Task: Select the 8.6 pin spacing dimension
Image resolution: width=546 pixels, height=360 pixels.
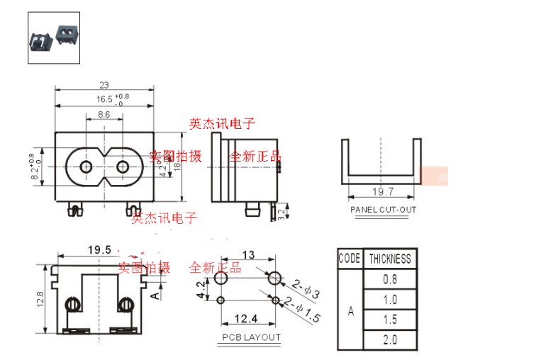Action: tap(104, 113)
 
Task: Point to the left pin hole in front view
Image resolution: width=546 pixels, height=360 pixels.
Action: tap(86, 168)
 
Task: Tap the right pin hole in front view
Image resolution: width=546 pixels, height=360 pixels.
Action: tap(122, 168)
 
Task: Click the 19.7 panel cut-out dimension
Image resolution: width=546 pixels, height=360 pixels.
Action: tap(383, 191)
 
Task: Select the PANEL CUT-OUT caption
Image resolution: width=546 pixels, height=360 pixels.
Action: tap(383, 210)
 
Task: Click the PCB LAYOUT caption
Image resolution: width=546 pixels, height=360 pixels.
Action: tap(251, 337)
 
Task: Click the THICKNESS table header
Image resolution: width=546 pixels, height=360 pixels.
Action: tap(389, 259)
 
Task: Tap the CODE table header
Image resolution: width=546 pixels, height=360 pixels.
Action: tap(350, 259)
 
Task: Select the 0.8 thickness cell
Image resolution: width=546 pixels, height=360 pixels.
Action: tap(389, 279)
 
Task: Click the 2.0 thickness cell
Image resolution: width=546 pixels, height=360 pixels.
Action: tap(389, 340)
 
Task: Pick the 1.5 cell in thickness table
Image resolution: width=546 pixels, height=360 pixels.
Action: tap(389, 320)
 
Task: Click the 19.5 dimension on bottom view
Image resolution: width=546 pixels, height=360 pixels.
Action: tap(99, 249)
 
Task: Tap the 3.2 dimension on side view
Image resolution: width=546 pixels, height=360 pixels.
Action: tap(282, 211)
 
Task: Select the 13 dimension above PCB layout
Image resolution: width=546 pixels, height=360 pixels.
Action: tap(248, 254)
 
